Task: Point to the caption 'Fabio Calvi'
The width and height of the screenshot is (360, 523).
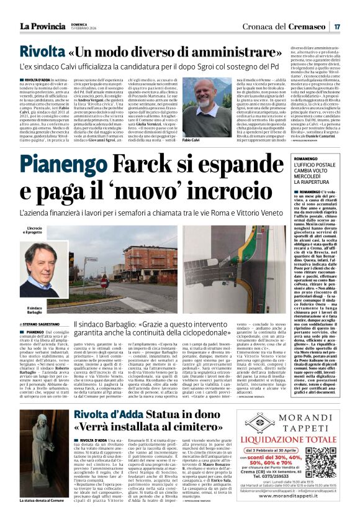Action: click(191, 142)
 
